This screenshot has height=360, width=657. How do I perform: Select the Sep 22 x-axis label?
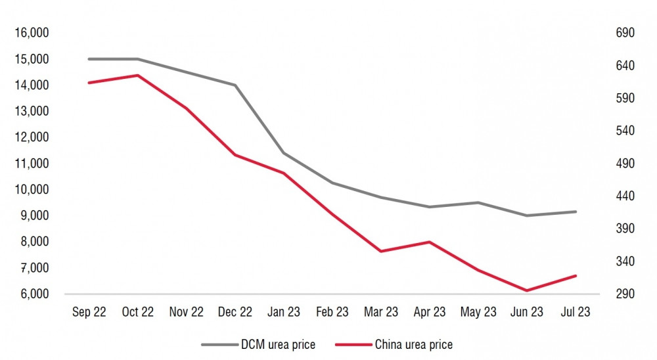pos(89,312)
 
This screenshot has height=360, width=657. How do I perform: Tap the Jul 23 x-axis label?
pos(576,312)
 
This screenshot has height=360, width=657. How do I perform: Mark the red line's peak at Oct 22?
pos(137,75)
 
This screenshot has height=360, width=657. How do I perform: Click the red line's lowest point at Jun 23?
pos(527,290)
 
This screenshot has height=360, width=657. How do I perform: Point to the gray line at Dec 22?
pos(235,85)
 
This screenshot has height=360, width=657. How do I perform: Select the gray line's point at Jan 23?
pos(283,153)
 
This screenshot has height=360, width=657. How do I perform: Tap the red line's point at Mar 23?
pos(381,251)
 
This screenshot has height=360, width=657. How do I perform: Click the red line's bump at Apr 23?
pos(430,242)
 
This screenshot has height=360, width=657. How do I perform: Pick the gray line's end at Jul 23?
pos(576,212)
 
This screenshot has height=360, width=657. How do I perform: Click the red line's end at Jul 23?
pos(576,275)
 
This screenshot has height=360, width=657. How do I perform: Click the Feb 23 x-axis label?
pos(332,312)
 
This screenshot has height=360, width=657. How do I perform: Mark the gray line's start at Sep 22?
pos(89,59)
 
